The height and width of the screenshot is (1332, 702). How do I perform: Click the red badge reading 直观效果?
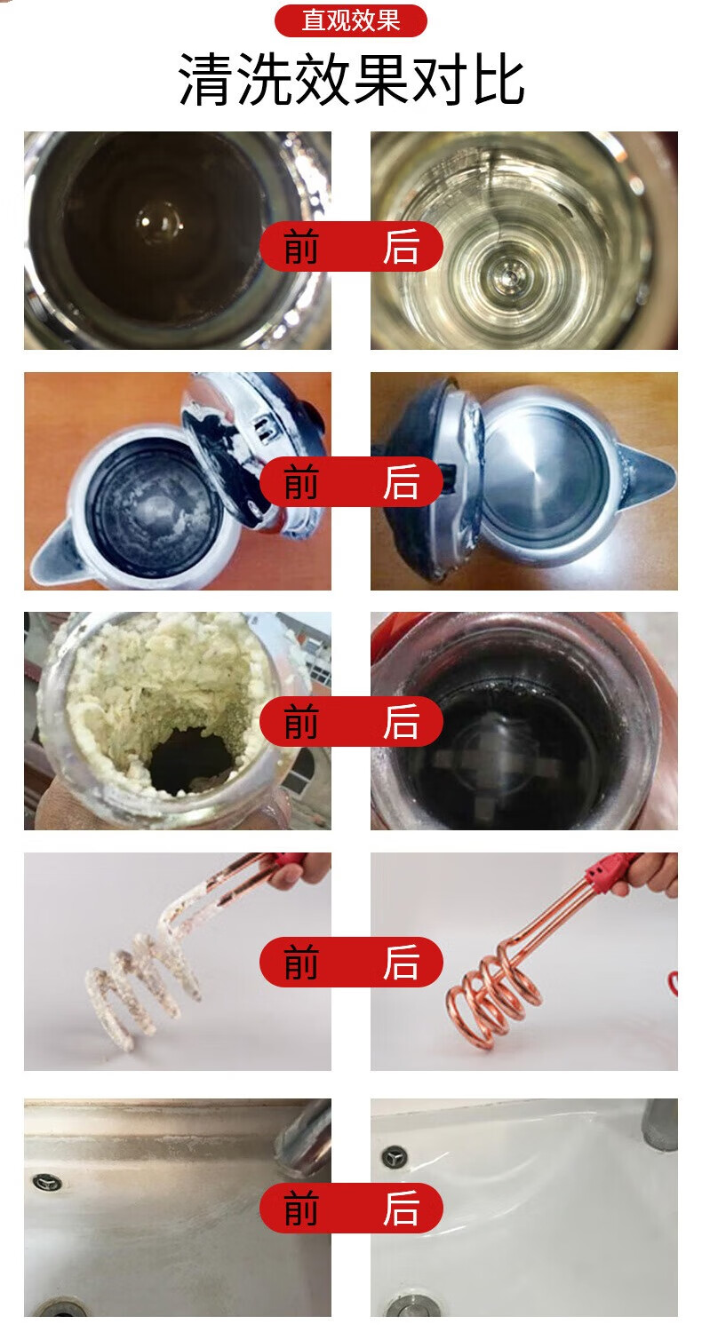pos(350,20)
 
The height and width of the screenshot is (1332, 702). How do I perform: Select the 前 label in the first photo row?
pos(301,247)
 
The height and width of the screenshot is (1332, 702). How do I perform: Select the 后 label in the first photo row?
pos(401,247)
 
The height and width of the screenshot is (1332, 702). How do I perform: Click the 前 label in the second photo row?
pos(301,481)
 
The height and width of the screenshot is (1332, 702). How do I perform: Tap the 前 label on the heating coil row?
pos(301,962)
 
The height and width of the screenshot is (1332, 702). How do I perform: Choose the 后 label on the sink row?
pos(401,1208)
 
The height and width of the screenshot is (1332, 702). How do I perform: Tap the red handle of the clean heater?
pos(607,869)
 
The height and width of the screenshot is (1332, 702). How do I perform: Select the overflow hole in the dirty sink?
pos(47,1183)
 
